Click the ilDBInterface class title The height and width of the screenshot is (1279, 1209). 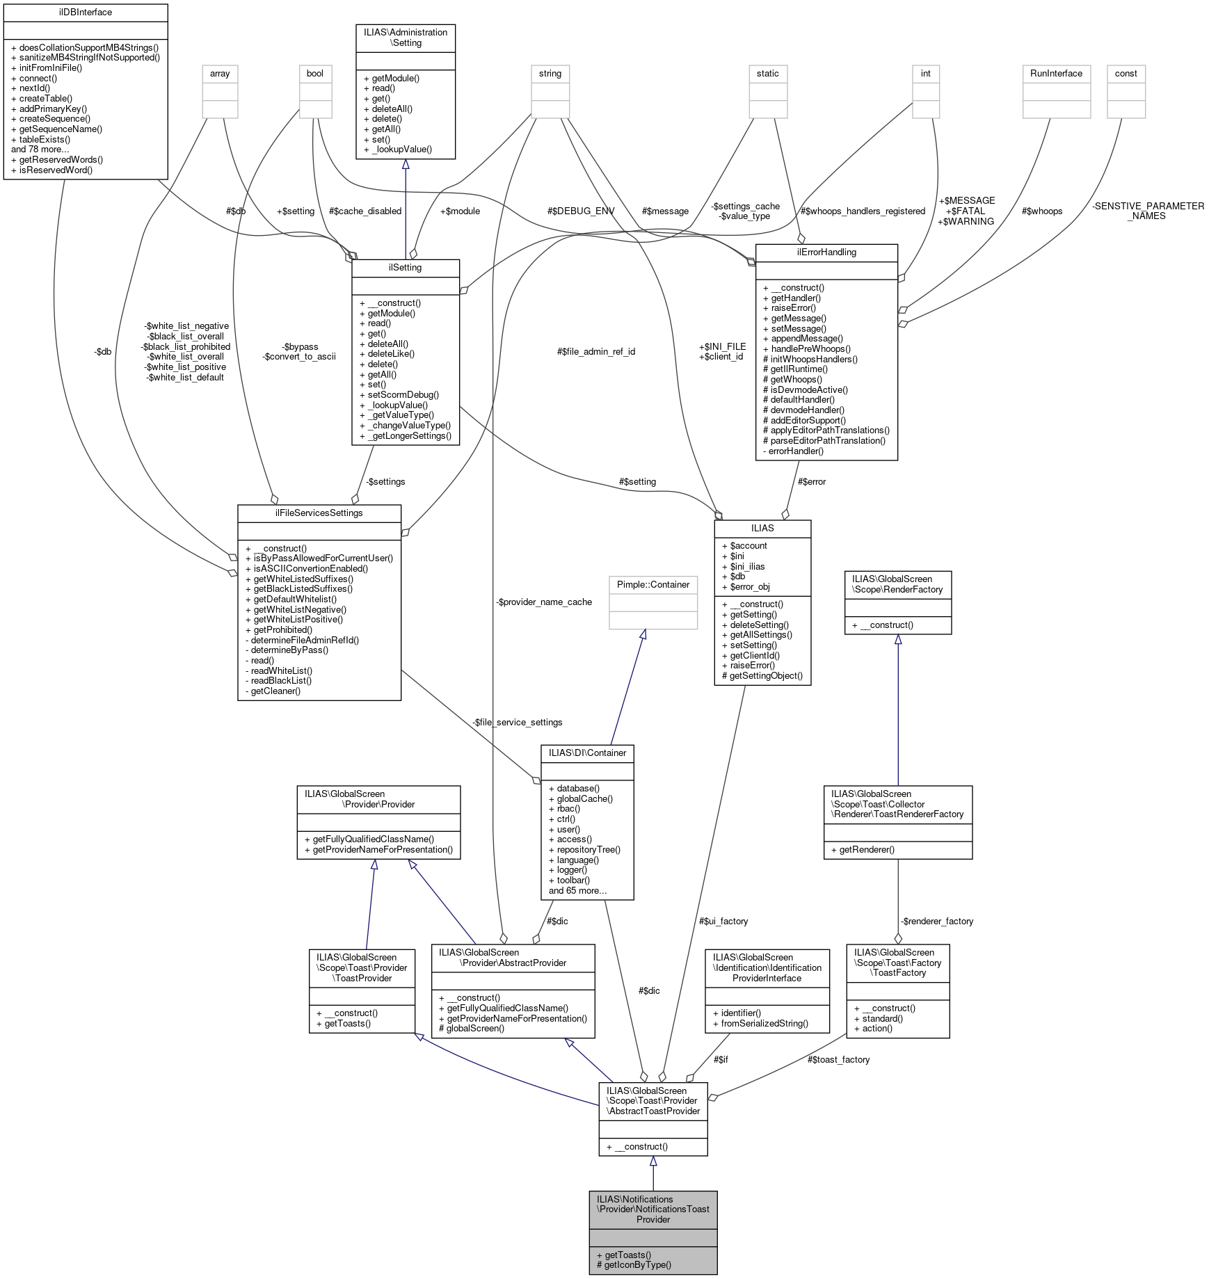pos(86,13)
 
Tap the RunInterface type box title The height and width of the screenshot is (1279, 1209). pos(1056,73)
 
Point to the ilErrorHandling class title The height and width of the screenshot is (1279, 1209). pos(826,252)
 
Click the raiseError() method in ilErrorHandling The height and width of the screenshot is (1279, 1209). pos(794,307)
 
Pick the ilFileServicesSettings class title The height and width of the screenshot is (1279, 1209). pos(319,513)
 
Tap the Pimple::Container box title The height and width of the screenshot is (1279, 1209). pos(653,584)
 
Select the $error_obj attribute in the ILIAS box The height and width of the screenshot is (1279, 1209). pos(750,586)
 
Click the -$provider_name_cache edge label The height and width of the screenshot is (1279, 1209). pos(544,602)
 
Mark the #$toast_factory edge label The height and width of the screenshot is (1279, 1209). pos(838,1059)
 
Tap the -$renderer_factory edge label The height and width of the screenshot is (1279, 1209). pos(937,921)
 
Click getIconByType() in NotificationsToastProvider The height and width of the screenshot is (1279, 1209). pos(638,1265)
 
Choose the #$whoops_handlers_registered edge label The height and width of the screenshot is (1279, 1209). pos(863,211)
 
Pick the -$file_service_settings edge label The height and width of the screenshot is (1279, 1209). pos(518,722)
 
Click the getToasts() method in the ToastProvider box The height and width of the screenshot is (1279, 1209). pos(348,1023)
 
